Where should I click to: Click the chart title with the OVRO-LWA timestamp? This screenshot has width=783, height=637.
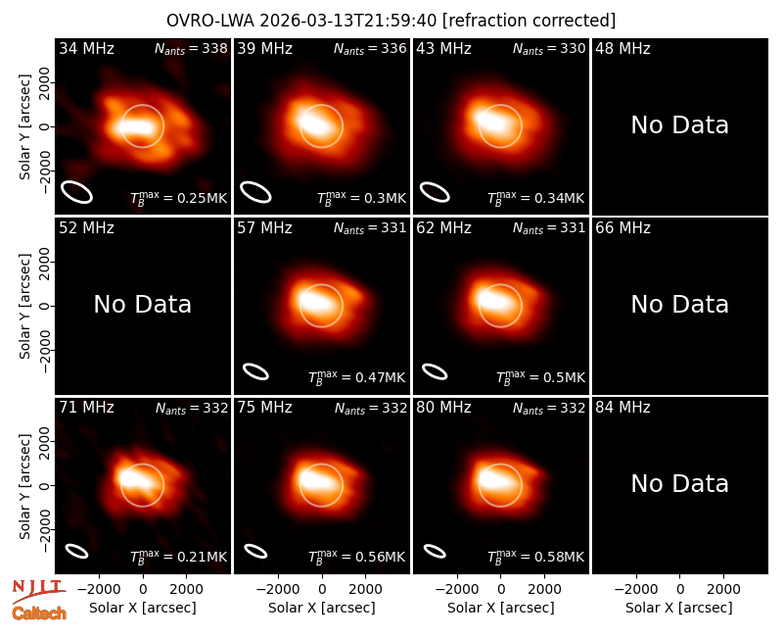[391, 21]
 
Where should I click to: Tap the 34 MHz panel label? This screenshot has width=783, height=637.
[86, 48]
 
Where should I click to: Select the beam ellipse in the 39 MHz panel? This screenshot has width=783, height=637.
[255, 192]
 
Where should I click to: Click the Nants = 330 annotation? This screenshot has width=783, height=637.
[549, 48]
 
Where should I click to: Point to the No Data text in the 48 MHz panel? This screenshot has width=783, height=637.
[679, 125]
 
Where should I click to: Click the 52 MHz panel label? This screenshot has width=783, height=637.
[86, 228]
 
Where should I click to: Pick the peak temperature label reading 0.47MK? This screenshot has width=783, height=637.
[356, 377]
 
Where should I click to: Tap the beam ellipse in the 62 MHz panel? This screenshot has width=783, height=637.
[435, 372]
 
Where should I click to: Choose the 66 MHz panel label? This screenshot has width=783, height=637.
[622, 228]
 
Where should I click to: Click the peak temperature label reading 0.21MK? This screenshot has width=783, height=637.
[178, 557]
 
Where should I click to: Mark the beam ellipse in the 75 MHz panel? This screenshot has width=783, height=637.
[255, 551]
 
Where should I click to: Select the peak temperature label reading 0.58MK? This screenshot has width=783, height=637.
[535, 557]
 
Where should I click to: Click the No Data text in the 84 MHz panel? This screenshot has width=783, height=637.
[679, 484]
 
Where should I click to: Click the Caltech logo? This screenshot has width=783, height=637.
[39, 613]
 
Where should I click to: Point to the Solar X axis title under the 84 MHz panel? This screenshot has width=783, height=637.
[679, 608]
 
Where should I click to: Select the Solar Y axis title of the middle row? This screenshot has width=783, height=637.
[24, 306]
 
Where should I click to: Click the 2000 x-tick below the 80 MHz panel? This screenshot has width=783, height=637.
[544, 590]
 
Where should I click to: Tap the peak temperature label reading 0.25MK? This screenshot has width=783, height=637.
[178, 198]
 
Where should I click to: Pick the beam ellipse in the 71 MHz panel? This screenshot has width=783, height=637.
[77, 551]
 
